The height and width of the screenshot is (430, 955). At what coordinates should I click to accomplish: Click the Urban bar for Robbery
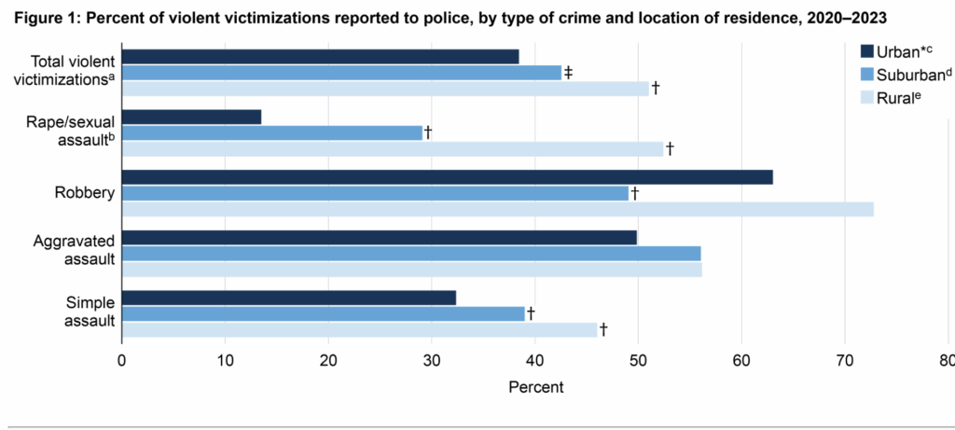click(448, 177)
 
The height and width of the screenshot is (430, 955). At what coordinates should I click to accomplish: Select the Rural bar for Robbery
click(498, 209)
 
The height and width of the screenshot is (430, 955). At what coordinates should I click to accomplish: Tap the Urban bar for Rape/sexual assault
click(192, 117)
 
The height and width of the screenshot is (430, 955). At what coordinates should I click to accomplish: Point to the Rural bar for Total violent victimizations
click(385, 89)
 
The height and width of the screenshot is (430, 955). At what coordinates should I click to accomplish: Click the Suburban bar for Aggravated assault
click(411, 254)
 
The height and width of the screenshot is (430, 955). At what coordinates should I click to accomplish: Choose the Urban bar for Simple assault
click(289, 298)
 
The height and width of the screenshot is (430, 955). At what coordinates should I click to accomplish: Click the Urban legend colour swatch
click(866, 50)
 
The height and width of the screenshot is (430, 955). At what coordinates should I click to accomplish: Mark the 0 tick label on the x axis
click(122, 361)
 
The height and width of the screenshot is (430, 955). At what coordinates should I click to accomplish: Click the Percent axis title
click(536, 385)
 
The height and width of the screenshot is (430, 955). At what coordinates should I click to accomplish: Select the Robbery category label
click(86, 193)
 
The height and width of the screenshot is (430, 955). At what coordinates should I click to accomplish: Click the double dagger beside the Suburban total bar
click(568, 72)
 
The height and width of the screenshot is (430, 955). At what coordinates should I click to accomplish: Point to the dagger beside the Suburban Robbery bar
click(634, 193)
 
